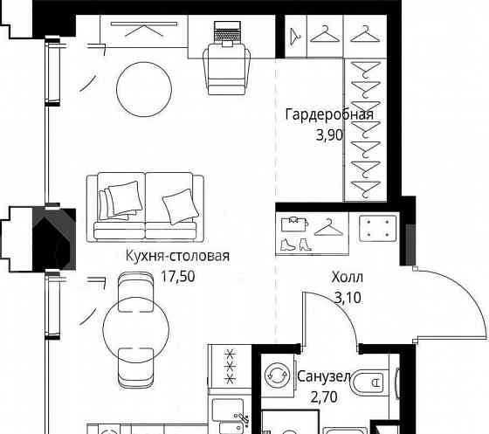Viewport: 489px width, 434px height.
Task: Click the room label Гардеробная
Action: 329,114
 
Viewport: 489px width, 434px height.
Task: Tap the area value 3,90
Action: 329,135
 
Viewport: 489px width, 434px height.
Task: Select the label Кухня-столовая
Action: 177,256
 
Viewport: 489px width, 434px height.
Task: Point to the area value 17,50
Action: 177,276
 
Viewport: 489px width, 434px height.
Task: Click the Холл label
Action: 348,277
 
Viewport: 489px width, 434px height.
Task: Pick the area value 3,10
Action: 348,298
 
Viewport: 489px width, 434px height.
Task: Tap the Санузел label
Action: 324,376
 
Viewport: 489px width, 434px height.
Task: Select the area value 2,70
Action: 324,397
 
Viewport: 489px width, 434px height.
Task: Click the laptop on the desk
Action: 227,33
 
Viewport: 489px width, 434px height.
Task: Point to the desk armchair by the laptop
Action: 226,69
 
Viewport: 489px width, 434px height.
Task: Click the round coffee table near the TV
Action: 144,89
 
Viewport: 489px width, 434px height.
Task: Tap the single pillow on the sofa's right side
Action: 181,206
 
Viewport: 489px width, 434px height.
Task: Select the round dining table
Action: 136,329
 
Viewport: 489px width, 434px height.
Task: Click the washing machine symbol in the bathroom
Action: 277,375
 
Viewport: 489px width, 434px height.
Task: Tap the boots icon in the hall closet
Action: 296,245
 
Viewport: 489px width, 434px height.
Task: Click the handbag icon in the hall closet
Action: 294,224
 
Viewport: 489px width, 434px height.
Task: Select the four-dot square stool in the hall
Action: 378,229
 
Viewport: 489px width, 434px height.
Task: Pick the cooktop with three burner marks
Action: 231,367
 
